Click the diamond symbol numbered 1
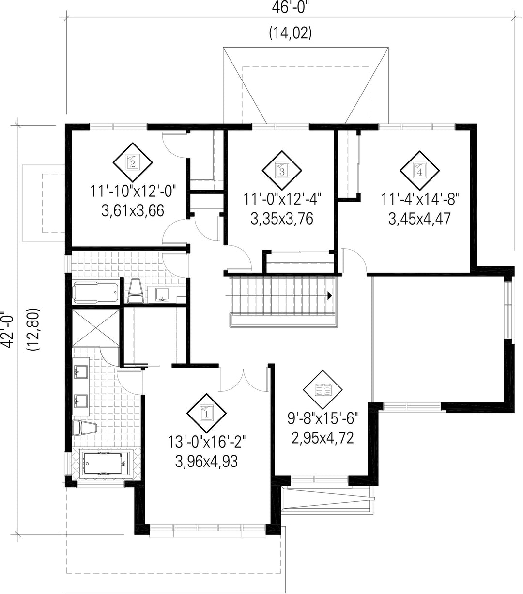click(x=207, y=414)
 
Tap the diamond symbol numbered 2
click(x=133, y=162)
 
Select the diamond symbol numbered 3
click(x=282, y=170)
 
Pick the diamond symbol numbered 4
click(x=420, y=170)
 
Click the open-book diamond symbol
click(x=323, y=390)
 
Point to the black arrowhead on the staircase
click(x=330, y=295)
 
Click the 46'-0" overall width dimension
click(x=290, y=8)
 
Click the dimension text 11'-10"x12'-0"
click(x=133, y=192)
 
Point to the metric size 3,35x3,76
click(x=282, y=219)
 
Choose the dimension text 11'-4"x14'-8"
click(x=420, y=199)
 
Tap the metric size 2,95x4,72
click(x=323, y=438)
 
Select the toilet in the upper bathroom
click(x=136, y=290)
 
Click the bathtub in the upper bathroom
click(x=96, y=292)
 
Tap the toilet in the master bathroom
click(x=84, y=428)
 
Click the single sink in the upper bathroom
click(x=162, y=294)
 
